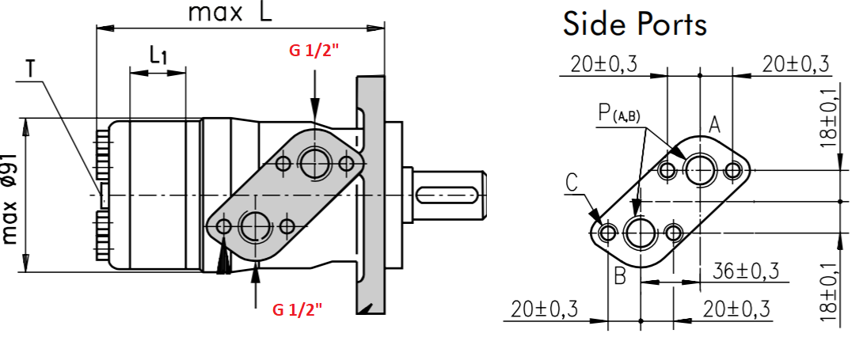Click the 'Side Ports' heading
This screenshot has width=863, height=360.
tap(634, 25)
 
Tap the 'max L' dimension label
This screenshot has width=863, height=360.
tap(230, 13)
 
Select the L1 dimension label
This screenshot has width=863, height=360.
tap(158, 55)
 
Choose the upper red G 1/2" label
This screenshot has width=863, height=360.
tap(314, 51)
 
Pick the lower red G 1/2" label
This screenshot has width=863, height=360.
tap(297, 310)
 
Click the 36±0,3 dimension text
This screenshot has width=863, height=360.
tap(746, 271)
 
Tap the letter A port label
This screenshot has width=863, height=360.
tap(714, 126)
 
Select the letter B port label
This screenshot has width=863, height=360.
tap(620, 276)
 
